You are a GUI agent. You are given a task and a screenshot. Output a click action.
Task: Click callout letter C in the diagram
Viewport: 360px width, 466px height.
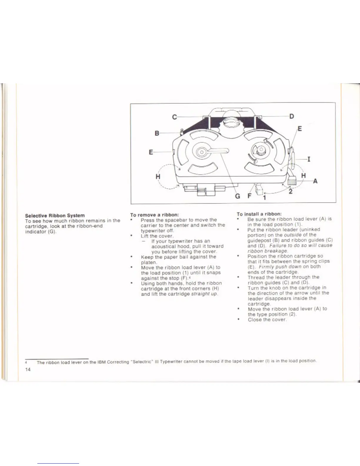tap(175, 117)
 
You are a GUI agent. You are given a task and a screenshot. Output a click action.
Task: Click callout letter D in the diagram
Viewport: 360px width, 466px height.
tap(291, 116)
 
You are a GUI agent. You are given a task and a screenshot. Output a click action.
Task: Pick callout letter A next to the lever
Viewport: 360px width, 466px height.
tap(315, 181)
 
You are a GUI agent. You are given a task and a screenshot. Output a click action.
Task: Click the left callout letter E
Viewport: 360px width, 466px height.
tap(151, 152)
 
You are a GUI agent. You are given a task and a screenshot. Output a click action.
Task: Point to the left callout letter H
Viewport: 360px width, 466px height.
tap(158, 177)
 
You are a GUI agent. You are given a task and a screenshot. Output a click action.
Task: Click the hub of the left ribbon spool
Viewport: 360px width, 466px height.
tap(201, 152)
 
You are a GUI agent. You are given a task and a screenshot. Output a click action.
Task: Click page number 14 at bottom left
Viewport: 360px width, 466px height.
tap(28, 370)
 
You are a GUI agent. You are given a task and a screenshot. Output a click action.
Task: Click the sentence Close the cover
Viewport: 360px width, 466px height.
tap(267, 319)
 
